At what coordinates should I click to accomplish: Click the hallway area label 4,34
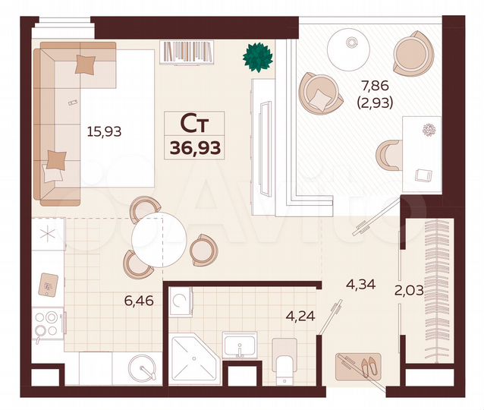360,285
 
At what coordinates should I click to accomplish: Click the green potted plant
258,56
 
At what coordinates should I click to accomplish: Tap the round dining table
159,241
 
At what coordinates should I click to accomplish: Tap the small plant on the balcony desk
432,129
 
